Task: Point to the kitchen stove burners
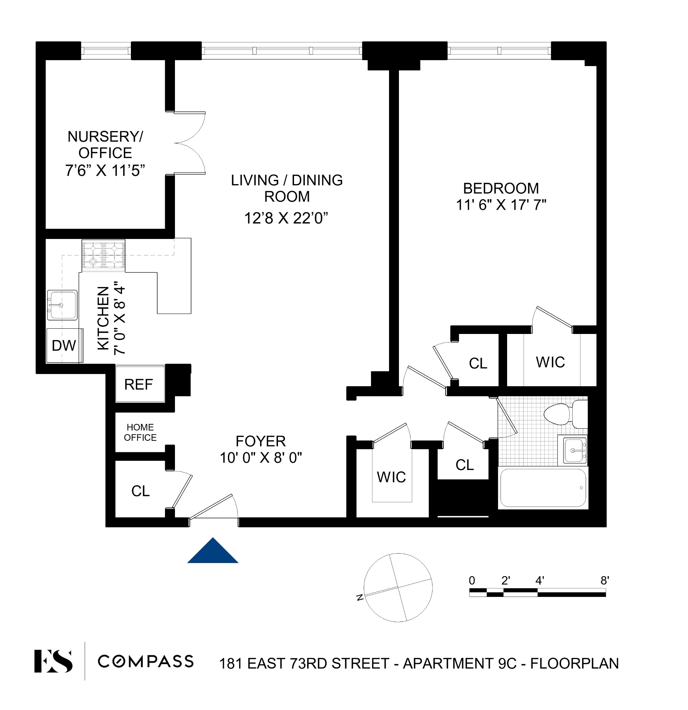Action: [x=104, y=255]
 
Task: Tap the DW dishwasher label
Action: [x=64, y=345]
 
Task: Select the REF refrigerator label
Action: [x=138, y=384]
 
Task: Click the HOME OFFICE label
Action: [x=140, y=433]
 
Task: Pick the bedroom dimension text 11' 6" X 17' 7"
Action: [x=501, y=205]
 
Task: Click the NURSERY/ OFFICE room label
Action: [x=105, y=145]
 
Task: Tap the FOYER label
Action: [x=260, y=441]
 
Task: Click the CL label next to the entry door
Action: [x=140, y=491]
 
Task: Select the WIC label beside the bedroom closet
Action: [x=550, y=362]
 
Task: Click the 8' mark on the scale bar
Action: [x=604, y=581]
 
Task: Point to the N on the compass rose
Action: [x=360, y=597]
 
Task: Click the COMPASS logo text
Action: [x=146, y=661]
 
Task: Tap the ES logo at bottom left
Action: [x=53, y=661]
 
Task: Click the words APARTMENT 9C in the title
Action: [x=459, y=664]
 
